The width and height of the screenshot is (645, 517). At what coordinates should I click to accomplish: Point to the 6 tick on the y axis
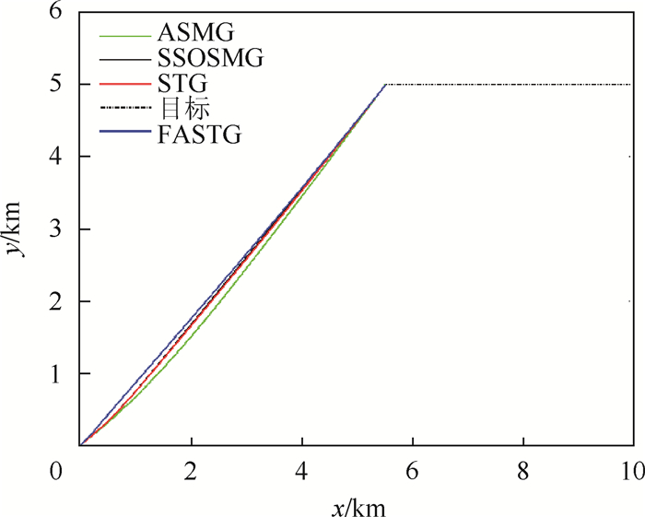(x=57, y=13)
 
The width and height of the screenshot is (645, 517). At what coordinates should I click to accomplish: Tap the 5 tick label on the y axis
(x=57, y=85)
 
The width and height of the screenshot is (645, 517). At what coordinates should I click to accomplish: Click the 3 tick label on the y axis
(x=57, y=229)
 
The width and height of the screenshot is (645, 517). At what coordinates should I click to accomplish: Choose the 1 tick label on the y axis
(x=57, y=374)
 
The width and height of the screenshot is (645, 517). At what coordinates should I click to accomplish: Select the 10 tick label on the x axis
(x=631, y=469)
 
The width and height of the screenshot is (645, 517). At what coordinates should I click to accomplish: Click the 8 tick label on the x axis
(x=522, y=469)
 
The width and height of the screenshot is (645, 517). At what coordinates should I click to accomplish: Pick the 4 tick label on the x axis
(x=301, y=469)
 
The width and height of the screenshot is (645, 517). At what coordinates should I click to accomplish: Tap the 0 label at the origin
(x=57, y=469)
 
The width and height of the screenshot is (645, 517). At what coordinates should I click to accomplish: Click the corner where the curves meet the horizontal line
(x=385, y=84)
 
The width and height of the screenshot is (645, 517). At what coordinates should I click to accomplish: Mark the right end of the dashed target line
(x=632, y=84)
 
